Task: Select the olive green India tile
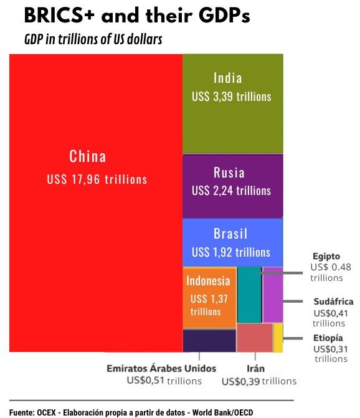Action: [232, 125]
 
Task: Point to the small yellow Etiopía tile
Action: [278, 338]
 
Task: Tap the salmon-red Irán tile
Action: [255, 338]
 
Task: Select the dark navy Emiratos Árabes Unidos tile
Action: [209, 341]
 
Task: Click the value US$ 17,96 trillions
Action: [97, 179]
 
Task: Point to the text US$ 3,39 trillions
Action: [232, 97]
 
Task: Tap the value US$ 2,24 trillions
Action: [232, 190]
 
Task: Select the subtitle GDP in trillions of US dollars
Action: [93, 40]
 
